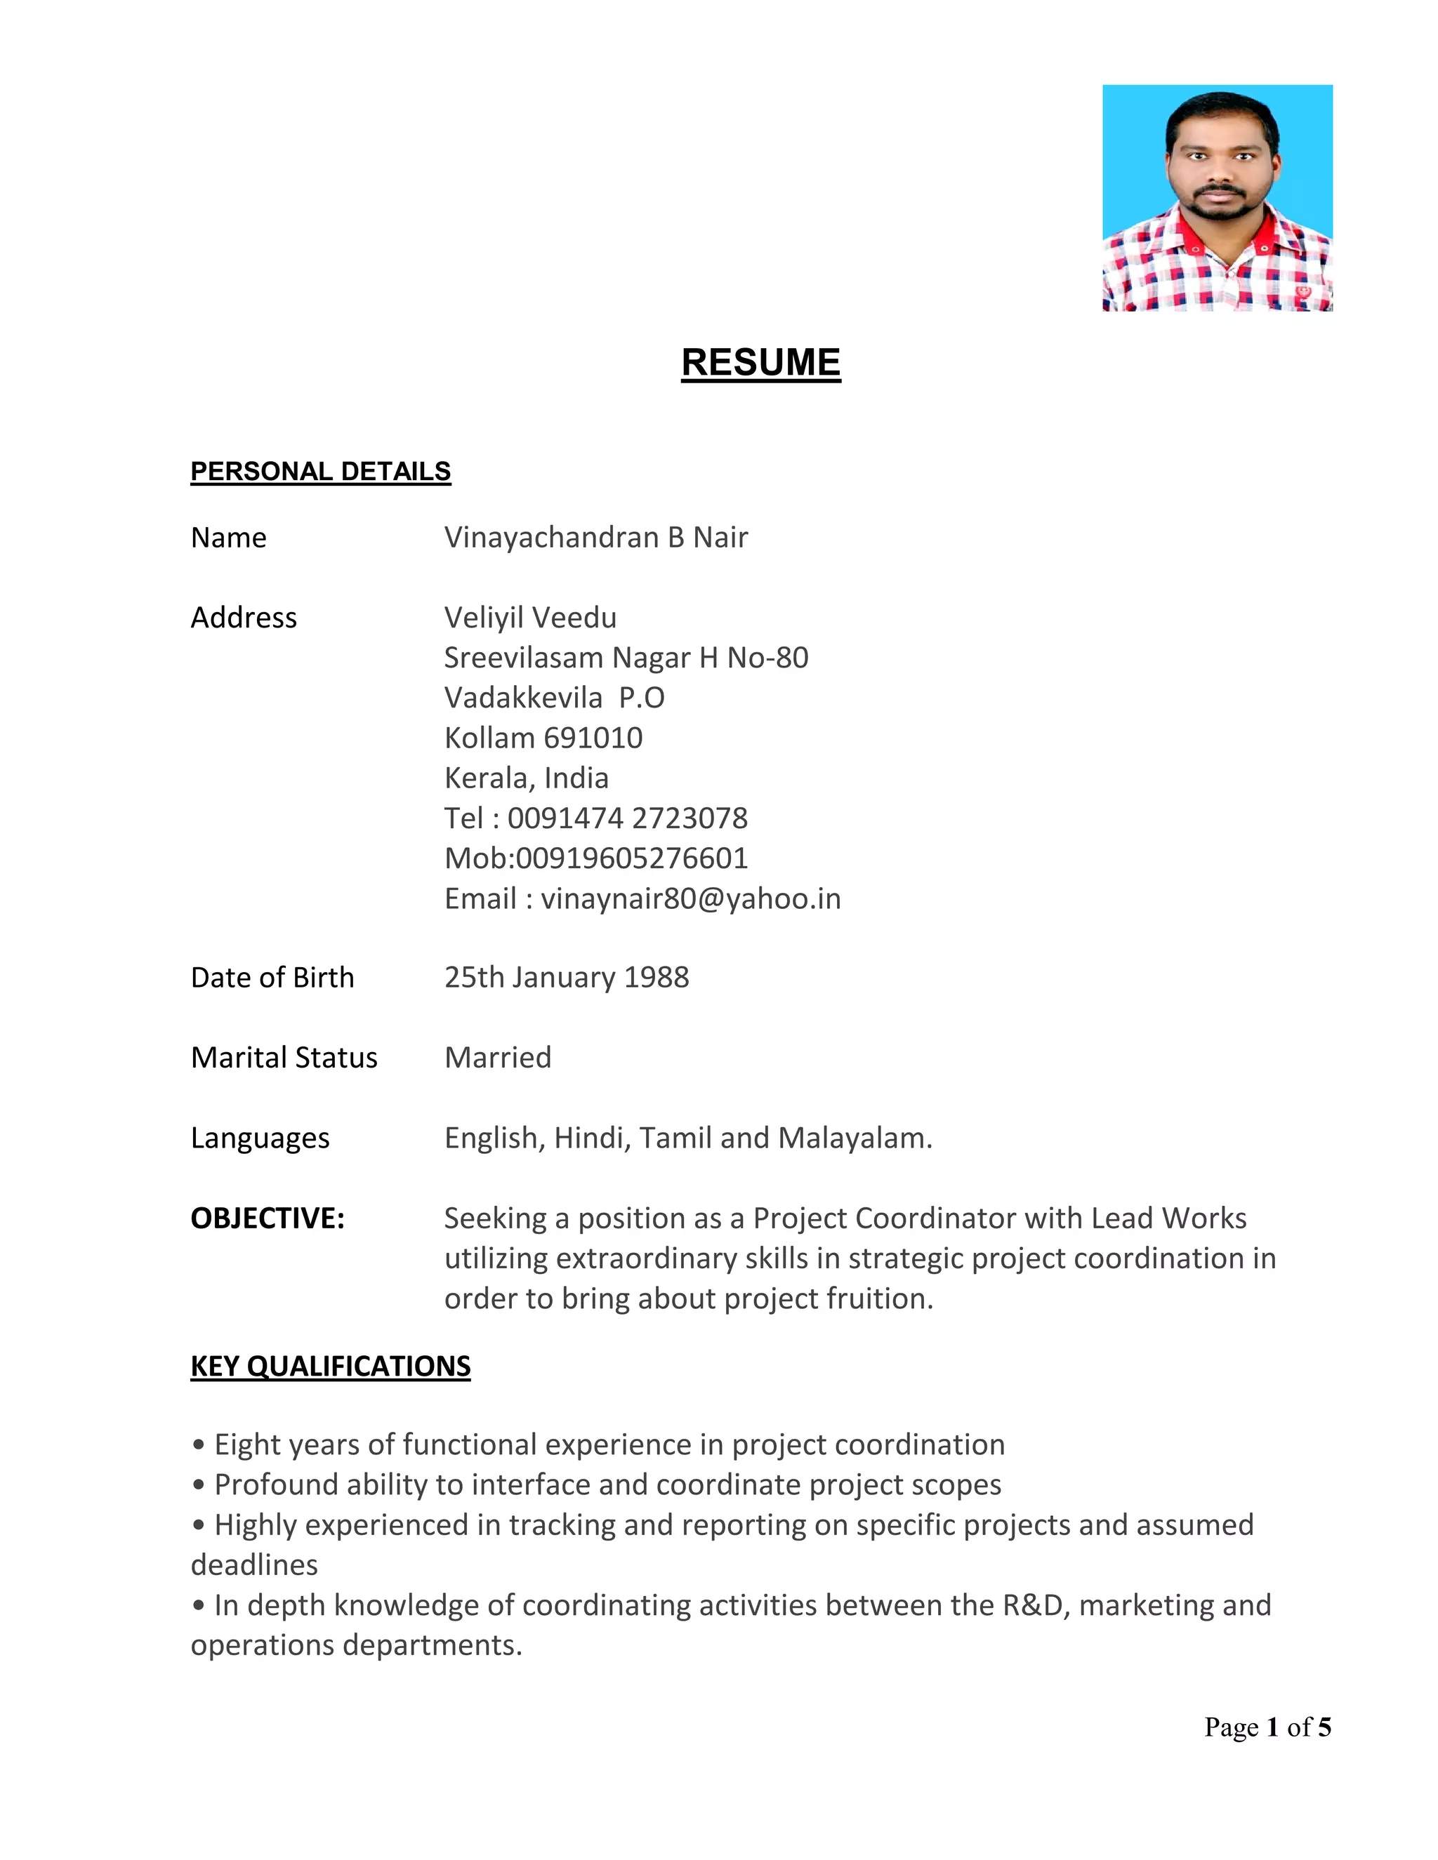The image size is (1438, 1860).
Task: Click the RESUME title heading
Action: click(760, 363)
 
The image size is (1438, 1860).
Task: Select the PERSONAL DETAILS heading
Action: click(320, 471)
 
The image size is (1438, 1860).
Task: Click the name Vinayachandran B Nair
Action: click(595, 538)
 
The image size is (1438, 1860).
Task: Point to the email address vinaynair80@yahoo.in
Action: click(690, 898)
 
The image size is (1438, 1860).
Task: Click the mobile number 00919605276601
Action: click(631, 858)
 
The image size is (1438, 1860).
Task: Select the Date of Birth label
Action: click(272, 978)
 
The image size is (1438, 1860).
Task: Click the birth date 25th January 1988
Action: click(567, 978)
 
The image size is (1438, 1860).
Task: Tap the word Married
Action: click(498, 1058)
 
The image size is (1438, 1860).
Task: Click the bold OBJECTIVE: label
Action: click(268, 1218)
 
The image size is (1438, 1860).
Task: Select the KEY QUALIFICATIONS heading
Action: click(331, 1366)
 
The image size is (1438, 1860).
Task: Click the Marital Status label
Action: click(284, 1058)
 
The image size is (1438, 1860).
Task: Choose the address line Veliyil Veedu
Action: click(530, 618)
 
